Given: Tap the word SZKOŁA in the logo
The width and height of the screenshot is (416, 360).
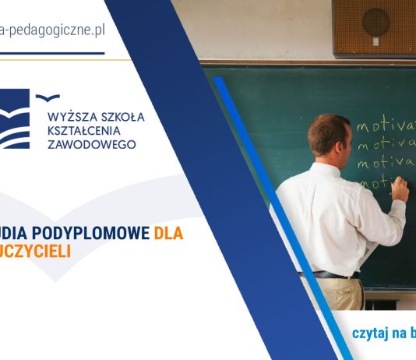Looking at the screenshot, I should tap(123, 117).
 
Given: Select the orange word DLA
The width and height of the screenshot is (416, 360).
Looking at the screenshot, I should tap(168, 233).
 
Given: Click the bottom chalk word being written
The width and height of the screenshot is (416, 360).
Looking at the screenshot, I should tap(375, 184).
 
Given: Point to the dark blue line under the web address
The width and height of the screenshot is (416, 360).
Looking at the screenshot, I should tap(51, 53).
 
